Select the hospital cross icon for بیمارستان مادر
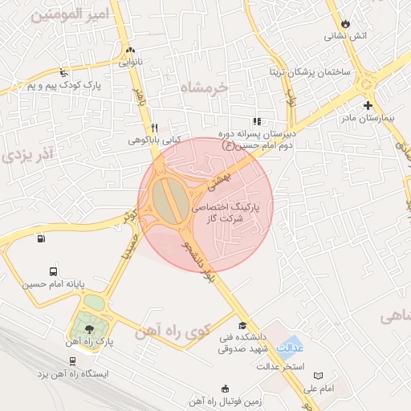click(x=368, y=106)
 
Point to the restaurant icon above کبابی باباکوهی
click(x=155, y=128)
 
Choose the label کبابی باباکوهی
click(x=156, y=140)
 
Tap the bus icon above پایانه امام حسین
click(x=53, y=271)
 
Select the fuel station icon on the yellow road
click(x=40, y=238)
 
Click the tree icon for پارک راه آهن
click(x=89, y=329)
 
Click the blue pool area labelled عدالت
click(x=291, y=346)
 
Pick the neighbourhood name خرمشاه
click(x=204, y=87)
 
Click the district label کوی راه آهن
click(x=173, y=330)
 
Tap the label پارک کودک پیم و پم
click(x=68, y=84)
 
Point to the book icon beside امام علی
click(x=318, y=376)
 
